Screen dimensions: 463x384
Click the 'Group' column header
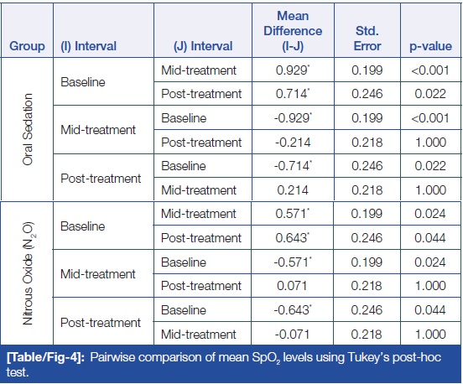27,46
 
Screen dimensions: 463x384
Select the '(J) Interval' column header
203,46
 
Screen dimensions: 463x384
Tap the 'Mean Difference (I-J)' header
293,31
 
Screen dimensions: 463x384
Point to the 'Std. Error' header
367,39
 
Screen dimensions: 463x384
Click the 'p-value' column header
430,46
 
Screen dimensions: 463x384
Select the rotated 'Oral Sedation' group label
28,129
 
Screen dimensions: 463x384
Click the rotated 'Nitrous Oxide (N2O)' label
28,273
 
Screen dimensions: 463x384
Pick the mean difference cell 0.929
293,70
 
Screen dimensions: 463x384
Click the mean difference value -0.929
293,118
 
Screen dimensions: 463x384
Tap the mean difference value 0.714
293,94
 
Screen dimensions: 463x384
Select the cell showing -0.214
293,143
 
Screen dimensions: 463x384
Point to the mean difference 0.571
293,214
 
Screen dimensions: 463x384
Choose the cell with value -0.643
293,310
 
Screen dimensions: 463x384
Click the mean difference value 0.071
292,286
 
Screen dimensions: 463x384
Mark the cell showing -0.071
292,335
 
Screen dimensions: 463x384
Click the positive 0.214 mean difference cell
293,190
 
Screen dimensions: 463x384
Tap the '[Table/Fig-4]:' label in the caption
46,357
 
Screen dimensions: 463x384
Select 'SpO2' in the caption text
266,358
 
